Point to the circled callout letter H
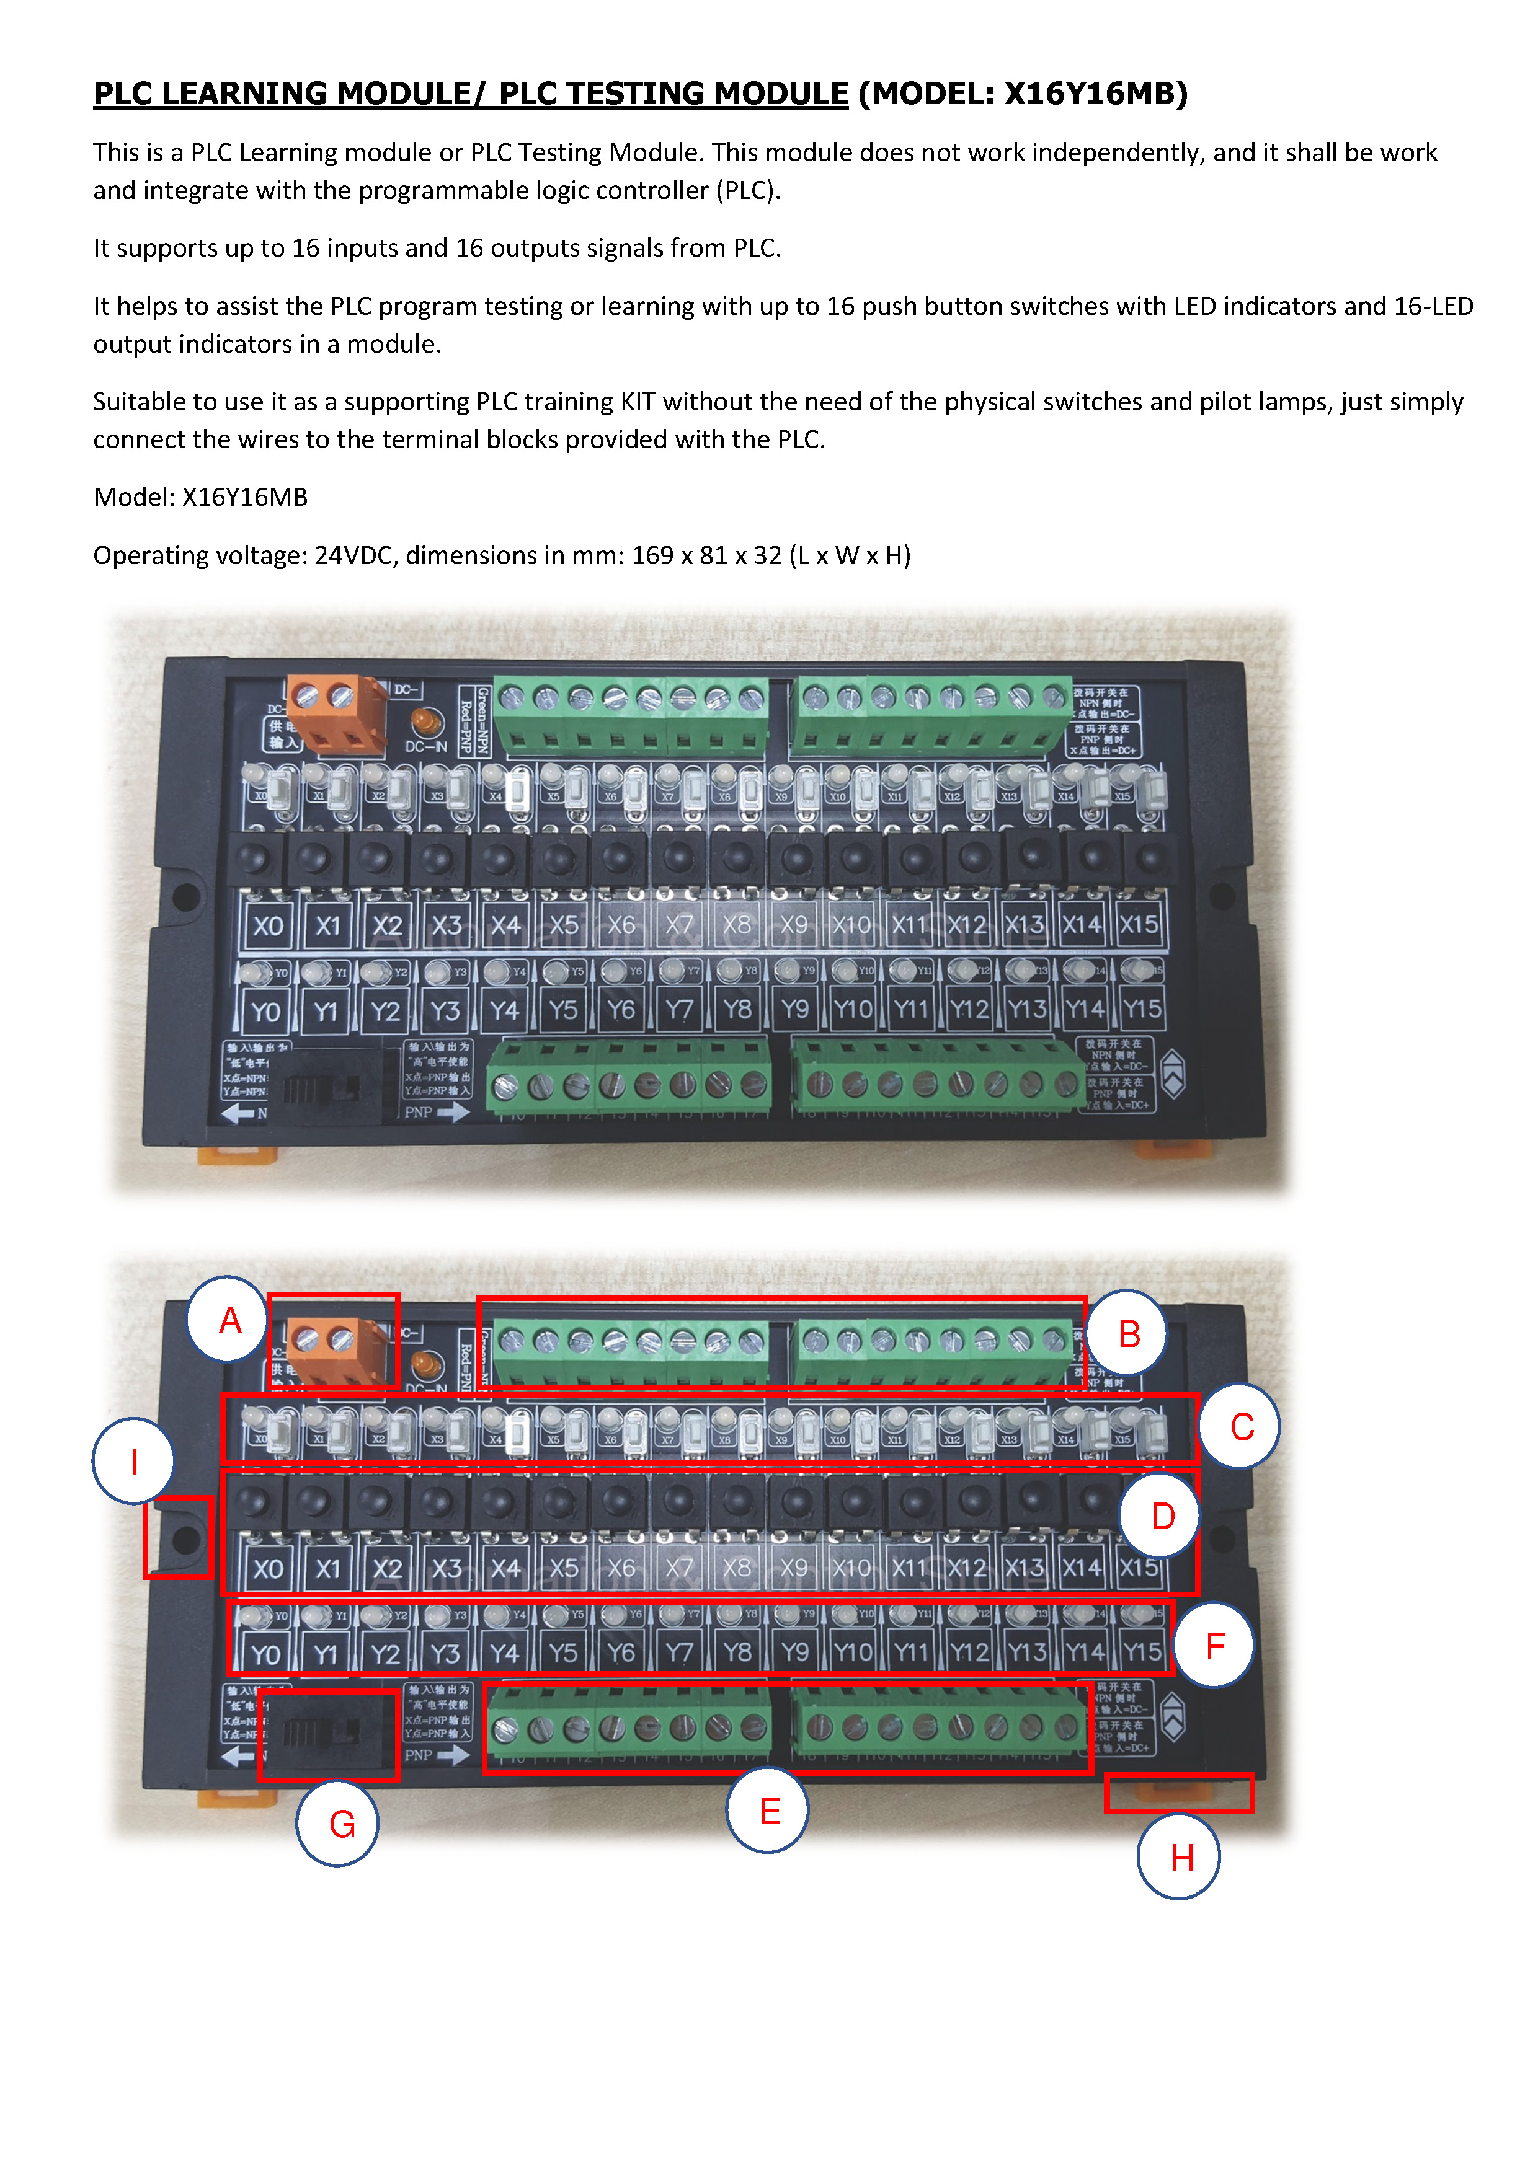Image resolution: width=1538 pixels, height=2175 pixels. pyautogui.click(x=1180, y=1856)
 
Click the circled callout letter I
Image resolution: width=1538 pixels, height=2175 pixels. pyautogui.click(x=133, y=1461)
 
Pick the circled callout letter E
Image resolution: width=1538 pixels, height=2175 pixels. pyautogui.click(x=768, y=1811)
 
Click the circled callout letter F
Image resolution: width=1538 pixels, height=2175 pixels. pyautogui.click(x=1215, y=1646)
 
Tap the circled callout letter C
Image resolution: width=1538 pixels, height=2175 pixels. pyautogui.click(x=1240, y=1426)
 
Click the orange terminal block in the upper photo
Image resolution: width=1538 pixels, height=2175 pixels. pyautogui.click(x=336, y=713)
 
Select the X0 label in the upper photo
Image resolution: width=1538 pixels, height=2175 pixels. pyautogui.click(x=268, y=925)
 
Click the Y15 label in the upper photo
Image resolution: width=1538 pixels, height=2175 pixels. pyautogui.click(x=1142, y=1009)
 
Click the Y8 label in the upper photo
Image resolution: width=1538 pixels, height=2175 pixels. pyautogui.click(x=737, y=1010)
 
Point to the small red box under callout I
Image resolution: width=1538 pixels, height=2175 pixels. pyautogui.click(x=178, y=1537)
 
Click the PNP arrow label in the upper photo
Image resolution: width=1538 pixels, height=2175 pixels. pyautogui.click(x=436, y=1112)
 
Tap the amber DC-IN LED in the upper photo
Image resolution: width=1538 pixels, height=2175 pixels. pyautogui.click(x=427, y=722)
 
